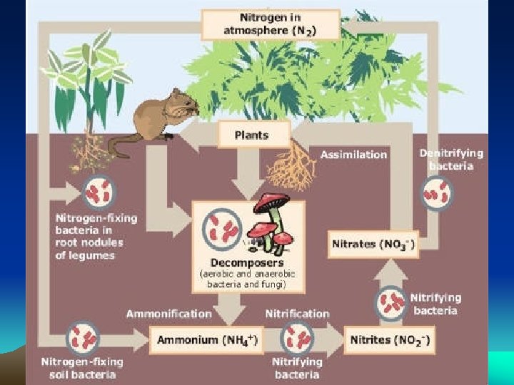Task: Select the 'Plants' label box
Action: point(251,135)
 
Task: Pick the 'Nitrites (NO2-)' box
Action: point(389,339)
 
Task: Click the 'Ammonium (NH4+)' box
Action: point(206,339)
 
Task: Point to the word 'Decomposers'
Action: point(248,262)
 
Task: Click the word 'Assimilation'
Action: point(353,154)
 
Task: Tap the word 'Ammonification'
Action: point(168,313)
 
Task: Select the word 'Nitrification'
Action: point(297,313)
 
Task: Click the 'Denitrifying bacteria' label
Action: point(451,159)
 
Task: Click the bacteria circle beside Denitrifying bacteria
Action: point(436,192)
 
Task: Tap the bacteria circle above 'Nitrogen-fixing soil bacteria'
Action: point(83,337)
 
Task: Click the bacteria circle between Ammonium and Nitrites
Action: point(297,337)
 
